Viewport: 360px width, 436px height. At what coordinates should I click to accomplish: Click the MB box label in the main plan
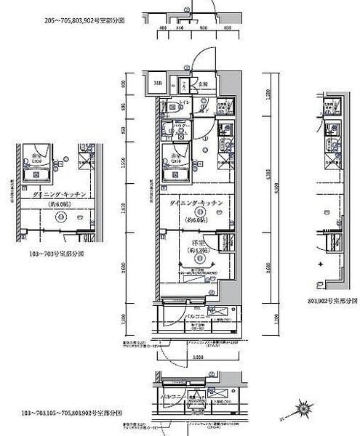158,84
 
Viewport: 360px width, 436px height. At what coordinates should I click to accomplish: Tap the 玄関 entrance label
204,84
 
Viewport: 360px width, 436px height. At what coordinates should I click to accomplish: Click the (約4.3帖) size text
197,251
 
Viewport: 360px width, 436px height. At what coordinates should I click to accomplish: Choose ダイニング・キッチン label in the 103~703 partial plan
60,195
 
